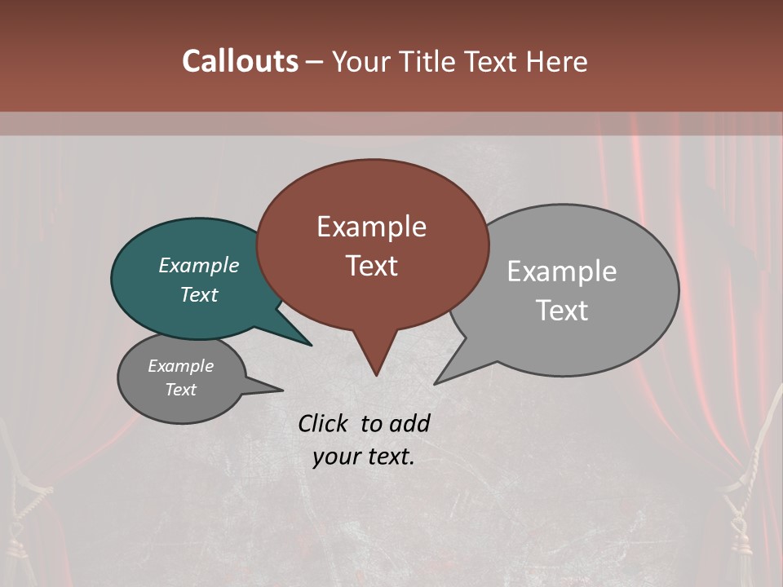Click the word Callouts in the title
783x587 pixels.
pyautogui.click(x=240, y=61)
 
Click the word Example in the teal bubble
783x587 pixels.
pyautogui.click(x=198, y=265)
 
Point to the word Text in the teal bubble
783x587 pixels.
pyautogui.click(x=198, y=294)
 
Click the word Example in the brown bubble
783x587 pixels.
pyautogui.click(x=371, y=227)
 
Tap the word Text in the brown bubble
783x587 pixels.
pyautogui.click(x=371, y=265)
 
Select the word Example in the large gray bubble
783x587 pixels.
pyautogui.click(x=561, y=271)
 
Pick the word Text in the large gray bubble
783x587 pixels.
pyautogui.click(x=561, y=310)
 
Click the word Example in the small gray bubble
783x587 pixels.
pyautogui.click(x=180, y=366)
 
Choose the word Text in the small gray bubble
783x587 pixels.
pyautogui.click(x=180, y=390)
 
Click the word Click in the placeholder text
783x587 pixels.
pyautogui.click(x=325, y=423)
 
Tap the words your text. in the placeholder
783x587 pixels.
pyautogui.click(x=363, y=457)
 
